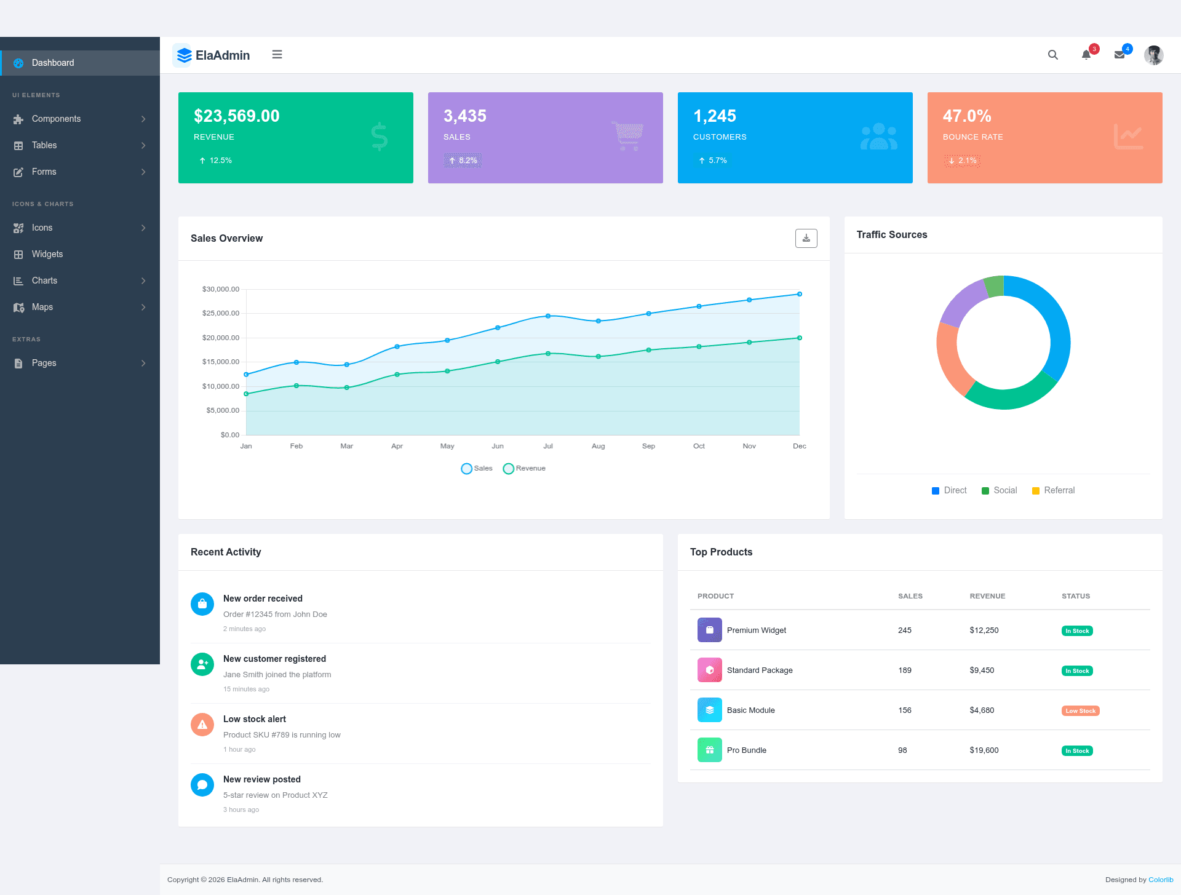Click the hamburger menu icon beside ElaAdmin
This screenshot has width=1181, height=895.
(277, 55)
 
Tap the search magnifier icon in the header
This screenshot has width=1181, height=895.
(1053, 55)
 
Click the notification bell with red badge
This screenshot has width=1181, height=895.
(1086, 55)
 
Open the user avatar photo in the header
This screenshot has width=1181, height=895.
(1154, 55)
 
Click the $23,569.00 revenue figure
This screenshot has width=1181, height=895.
(237, 116)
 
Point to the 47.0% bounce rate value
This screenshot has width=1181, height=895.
(967, 116)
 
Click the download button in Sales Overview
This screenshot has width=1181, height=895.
(806, 238)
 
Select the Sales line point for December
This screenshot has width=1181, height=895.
(800, 294)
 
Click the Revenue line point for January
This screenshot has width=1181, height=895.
(246, 394)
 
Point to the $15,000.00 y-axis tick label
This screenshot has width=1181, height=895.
(221, 362)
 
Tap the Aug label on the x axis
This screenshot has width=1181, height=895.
(598, 446)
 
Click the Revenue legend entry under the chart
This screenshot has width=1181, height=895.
(524, 469)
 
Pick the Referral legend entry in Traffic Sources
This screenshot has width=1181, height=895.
(1053, 490)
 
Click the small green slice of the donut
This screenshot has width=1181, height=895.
(995, 286)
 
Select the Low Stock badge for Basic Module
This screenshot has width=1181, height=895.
(1081, 710)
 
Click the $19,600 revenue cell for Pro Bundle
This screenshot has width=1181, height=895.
(984, 750)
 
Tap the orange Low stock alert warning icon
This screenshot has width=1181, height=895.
(202, 725)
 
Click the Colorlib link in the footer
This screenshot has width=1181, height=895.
(1161, 880)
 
